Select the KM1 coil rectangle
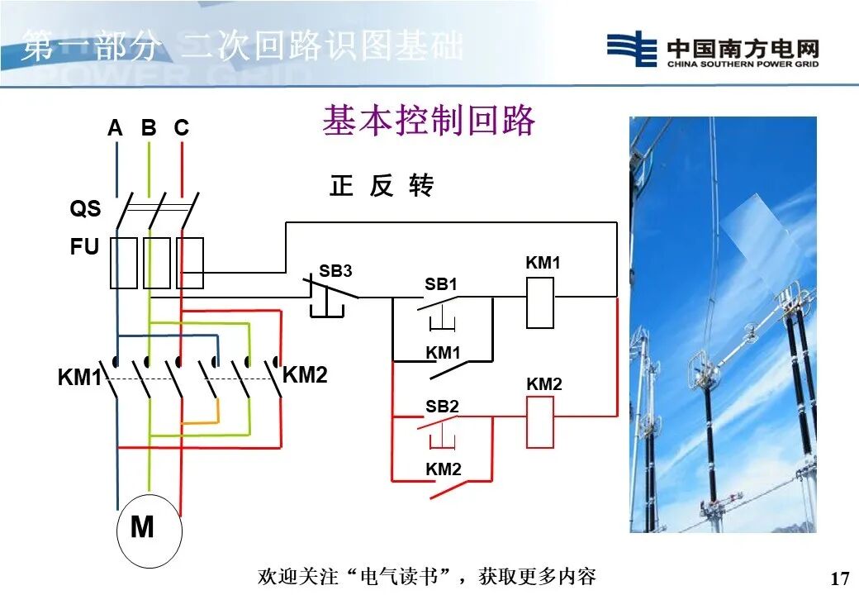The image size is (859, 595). click(540, 303)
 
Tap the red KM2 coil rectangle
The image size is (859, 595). click(540, 422)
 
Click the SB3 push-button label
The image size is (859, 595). click(335, 271)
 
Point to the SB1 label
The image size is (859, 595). click(441, 284)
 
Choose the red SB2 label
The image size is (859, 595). click(442, 407)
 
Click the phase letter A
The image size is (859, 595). click(115, 128)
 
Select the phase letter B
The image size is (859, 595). click(149, 128)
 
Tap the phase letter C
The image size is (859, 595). click(181, 128)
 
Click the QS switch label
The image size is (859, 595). click(85, 209)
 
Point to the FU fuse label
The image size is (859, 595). click(84, 247)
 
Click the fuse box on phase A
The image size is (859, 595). click(124, 263)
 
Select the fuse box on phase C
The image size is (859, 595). click(190, 263)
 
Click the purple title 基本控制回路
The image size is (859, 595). click(429, 121)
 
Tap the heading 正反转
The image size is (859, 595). click(382, 186)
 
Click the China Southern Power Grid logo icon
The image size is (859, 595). click(632, 49)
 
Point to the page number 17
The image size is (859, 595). click(839, 578)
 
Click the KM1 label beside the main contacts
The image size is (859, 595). click(78, 378)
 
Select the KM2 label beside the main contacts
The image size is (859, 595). click(305, 376)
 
